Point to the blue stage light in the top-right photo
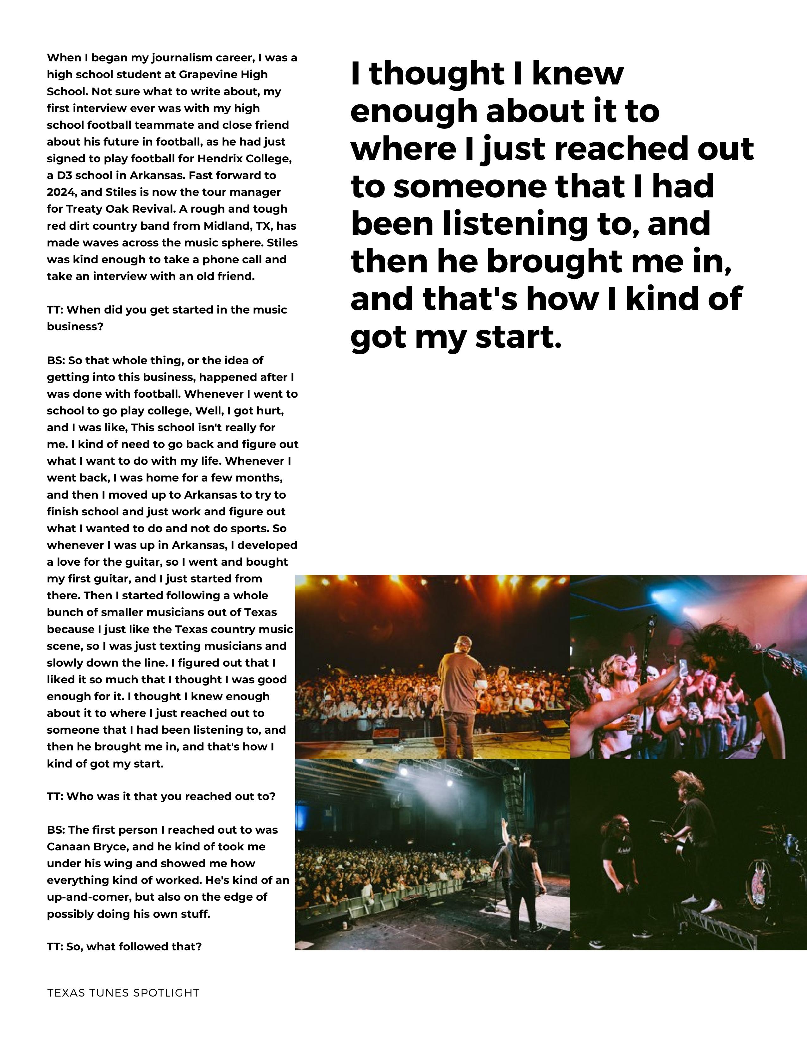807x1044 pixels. click(x=660, y=595)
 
